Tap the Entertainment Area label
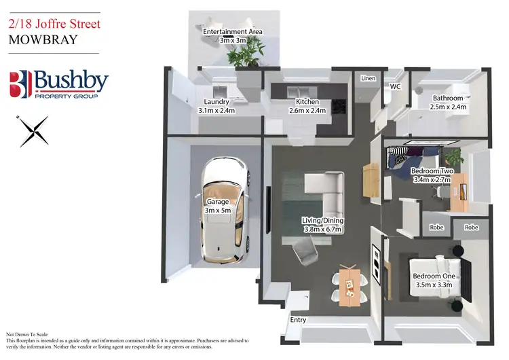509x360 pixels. click(x=233, y=31)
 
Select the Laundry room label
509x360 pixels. click(x=216, y=102)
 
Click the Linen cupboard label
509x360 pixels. click(x=368, y=79)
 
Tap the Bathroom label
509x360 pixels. click(x=448, y=98)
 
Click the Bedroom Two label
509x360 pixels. click(x=432, y=170)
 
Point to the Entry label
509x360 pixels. click(x=298, y=320)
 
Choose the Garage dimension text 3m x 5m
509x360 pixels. click(x=219, y=211)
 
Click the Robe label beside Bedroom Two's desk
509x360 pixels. click(x=436, y=227)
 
